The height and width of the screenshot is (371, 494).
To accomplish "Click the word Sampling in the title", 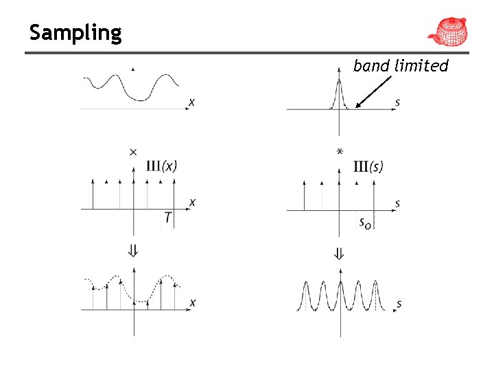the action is click(75, 32).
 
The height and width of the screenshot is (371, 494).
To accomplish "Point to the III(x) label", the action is click(162, 166).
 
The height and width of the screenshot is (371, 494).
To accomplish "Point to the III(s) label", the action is click(368, 166).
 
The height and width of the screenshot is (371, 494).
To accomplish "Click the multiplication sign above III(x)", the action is click(133, 152).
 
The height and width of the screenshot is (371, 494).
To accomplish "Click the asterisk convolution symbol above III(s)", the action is click(340, 151).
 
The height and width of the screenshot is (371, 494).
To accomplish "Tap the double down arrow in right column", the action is click(339, 253).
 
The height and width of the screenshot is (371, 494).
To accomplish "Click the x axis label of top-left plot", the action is click(191, 102).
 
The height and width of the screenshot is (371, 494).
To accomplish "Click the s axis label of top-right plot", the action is click(398, 102).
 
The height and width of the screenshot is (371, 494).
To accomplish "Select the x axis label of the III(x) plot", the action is click(192, 202).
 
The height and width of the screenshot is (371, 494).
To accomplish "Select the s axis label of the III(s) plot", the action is click(398, 203).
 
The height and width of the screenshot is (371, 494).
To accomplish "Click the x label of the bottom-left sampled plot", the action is click(192, 302).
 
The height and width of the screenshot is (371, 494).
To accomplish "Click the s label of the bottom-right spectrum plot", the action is click(399, 303).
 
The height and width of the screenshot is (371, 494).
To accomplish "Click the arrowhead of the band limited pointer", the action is click(358, 106).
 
